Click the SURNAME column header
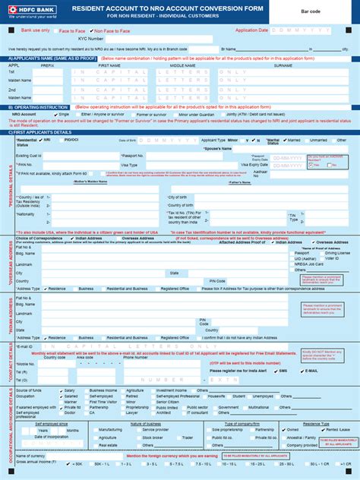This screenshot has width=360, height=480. pyautogui.click(x=283, y=65)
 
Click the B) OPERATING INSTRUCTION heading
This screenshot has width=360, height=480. pyautogui.click(x=39, y=107)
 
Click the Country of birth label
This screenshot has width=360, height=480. pyautogui.click(x=181, y=204)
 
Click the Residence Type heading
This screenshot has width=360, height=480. pyautogui.click(x=316, y=422)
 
